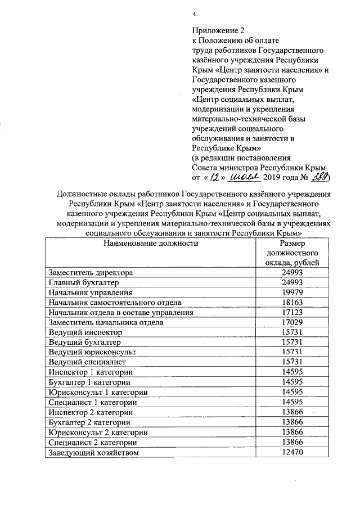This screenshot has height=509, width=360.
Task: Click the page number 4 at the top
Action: pos(193,14)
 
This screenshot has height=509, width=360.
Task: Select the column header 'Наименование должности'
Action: pos(151,244)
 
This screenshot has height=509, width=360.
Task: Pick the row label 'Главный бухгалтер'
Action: pos(84,282)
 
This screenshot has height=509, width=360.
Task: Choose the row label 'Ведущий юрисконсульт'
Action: pos(92,353)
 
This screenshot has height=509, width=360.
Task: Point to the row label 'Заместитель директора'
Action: pos(91,273)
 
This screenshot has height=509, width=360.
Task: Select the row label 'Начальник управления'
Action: pos(90,292)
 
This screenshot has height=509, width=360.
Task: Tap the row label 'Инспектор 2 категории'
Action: pos(91,412)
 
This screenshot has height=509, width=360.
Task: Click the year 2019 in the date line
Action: pos(274,178)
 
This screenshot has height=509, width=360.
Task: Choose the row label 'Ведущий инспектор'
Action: pos(85,332)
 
